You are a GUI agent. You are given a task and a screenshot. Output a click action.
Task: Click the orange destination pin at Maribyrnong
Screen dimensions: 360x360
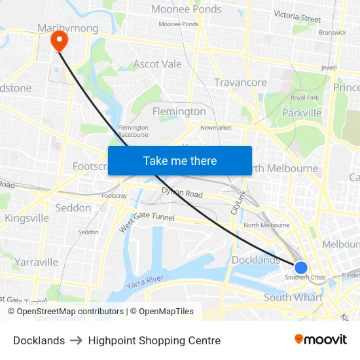pos(59,41)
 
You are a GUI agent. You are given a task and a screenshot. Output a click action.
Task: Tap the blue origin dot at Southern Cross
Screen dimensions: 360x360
pos(301,268)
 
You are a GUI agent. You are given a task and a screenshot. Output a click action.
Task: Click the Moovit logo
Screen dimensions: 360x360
pos(320,339)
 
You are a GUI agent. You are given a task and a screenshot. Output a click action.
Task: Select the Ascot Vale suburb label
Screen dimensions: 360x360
pos(158,64)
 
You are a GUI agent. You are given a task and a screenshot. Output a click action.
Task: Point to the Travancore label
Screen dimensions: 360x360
pos(240,82)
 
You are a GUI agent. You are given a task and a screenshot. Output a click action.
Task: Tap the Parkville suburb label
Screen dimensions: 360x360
pos(301,113)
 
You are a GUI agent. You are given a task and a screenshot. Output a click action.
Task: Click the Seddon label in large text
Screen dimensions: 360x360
pos(73,207)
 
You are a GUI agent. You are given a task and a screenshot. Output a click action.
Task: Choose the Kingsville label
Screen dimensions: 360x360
pos(27,217)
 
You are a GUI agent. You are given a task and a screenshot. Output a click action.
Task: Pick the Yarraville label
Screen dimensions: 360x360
pos(37,262)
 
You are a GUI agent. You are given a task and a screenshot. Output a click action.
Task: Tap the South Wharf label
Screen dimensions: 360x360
pos(293,298)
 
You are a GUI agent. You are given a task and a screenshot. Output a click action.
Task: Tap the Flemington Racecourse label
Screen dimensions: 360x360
pos(133,131)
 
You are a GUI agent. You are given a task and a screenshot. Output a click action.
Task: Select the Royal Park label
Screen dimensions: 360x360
pos(304,98)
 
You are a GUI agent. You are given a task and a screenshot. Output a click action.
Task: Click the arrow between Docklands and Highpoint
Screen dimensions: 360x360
pos(77,340)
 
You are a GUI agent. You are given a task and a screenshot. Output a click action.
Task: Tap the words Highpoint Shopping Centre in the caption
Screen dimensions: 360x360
pos(154,340)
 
